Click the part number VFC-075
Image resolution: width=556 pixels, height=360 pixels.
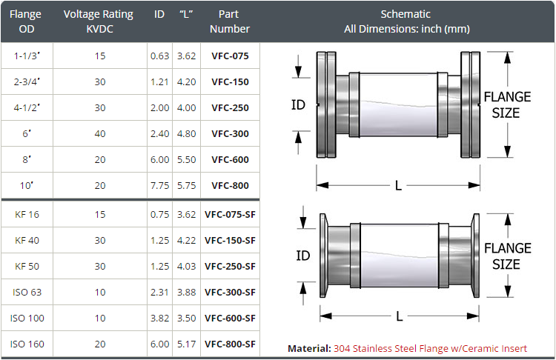click(230, 56)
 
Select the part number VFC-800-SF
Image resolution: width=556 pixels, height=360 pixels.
click(230, 344)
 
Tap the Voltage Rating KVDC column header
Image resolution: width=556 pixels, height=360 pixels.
click(99, 21)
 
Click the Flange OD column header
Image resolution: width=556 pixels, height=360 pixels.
click(25, 21)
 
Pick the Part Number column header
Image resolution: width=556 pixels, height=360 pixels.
click(229, 21)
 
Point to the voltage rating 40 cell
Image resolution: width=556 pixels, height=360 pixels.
click(100, 134)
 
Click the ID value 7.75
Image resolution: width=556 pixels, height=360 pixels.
click(159, 186)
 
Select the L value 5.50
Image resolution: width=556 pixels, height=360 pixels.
click(187, 160)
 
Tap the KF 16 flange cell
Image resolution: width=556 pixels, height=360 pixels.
click(27, 215)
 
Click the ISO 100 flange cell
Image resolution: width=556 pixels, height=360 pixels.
click(27, 319)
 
